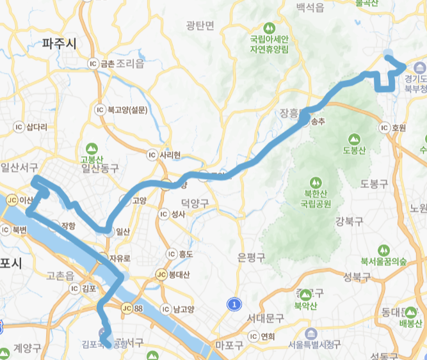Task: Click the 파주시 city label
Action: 58,43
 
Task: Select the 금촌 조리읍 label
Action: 122,64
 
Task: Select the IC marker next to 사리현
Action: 152,137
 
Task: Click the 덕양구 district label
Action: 195,203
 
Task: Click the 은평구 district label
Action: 251,257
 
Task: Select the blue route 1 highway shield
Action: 235,304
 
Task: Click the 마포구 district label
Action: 229,346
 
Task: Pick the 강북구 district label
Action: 348,221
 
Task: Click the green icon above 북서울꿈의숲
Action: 383,249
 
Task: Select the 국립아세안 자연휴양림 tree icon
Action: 270,29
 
